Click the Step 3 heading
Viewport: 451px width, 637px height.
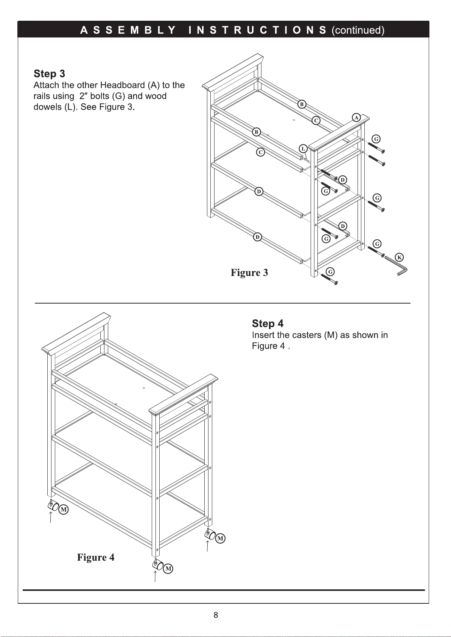click(49, 73)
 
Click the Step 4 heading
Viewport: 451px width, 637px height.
click(267, 324)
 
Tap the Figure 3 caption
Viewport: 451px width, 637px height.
click(249, 273)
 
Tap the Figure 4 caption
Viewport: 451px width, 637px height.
click(96, 557)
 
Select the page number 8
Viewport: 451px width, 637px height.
click(216, 615)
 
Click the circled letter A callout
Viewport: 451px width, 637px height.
click(356, 118)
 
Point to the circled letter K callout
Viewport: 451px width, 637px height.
click(399, 257)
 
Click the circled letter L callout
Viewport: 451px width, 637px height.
click(303, 149)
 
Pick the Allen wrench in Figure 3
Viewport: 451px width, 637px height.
click(397, 266)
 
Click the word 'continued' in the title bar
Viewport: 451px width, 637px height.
click(358, 30)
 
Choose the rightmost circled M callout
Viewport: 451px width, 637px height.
click(220, 538)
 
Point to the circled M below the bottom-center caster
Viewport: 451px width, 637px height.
click(168, 568)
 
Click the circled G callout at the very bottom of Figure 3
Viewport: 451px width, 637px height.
click(330, 272)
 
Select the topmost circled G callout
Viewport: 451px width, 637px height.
click(376, 139)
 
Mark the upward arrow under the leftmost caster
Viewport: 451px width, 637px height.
click(50, 516)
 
